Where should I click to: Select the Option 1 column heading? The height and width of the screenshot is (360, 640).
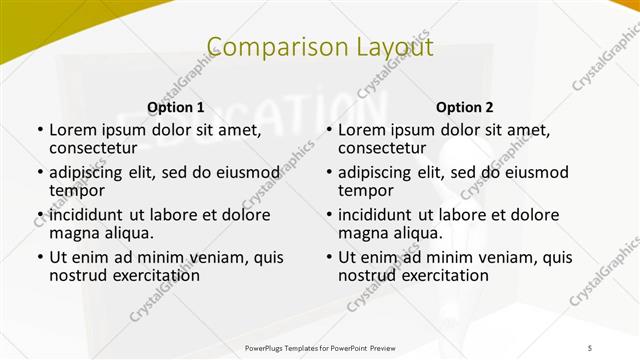175,107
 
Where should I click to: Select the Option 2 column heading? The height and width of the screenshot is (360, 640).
464,107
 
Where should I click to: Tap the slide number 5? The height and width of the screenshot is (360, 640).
589,346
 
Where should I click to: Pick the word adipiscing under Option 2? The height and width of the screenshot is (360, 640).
378,172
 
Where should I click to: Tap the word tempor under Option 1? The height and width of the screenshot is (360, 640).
77,190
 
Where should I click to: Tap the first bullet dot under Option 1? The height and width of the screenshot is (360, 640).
40,130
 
